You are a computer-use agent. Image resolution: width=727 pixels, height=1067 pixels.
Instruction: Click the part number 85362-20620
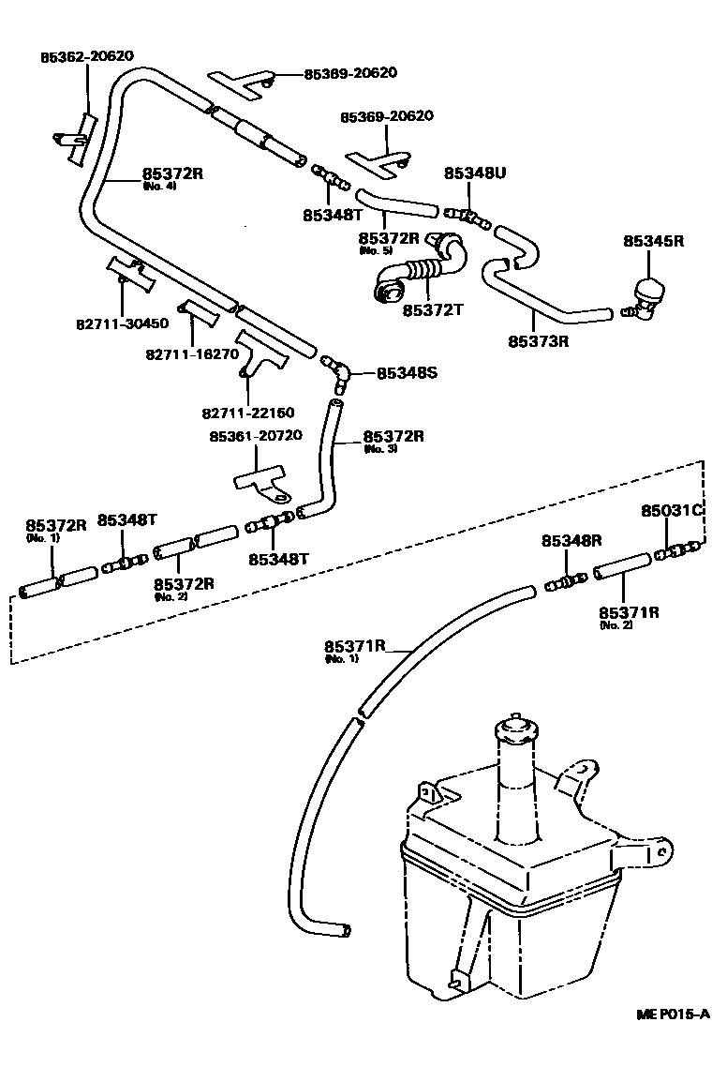pyautogui.click(x=86, y=56)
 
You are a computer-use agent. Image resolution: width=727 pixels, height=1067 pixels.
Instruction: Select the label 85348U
pyautogui.click(x=474, y=173)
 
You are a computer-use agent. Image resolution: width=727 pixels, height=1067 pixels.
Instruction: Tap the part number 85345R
pyautogui.click(x=654, y=241)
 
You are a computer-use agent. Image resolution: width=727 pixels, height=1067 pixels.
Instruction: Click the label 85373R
pyautogui.click(x=539, y=341)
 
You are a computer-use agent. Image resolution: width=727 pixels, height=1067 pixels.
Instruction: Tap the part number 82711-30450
pyautogui.click(x=122, y=323)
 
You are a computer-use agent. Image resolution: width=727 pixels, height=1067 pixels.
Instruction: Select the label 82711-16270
pyautogui.click(x=191, y=353)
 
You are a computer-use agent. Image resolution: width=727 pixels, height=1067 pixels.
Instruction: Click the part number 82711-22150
pyautogui.click(x=247, y=412)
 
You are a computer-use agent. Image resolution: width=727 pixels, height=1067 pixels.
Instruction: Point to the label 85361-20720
pyautogui.click(x=256, y=437)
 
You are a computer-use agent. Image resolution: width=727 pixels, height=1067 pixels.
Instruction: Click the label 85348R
pyautogui.click(x=571, y=541)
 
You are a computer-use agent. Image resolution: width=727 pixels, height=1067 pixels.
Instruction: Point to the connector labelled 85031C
pyautogui.click(x=676, y=550)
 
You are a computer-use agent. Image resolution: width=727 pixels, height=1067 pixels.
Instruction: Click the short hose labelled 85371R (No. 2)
pyautogui.click(x=620, y=565)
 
